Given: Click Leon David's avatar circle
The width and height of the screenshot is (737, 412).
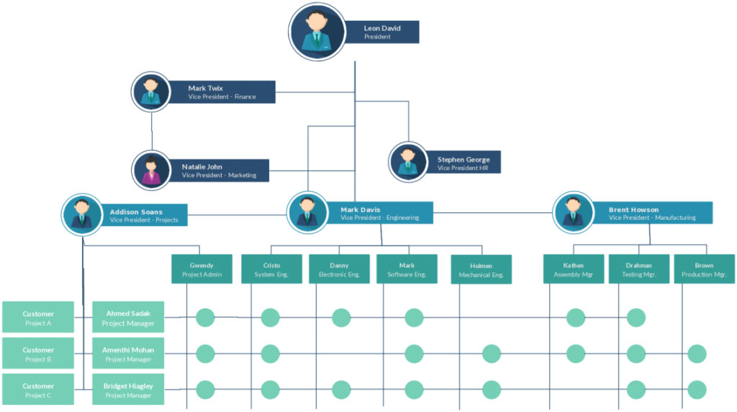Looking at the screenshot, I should pyautogui.click(x=317, y=32).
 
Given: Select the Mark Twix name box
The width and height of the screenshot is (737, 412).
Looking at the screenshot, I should pyautogui.click(x=222, y=92).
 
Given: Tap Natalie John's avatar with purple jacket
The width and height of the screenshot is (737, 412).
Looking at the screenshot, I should pyautogui.click(x=151, y=171).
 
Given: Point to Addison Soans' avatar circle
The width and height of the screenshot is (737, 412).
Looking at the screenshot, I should pyautogui.click(x=82, y=215).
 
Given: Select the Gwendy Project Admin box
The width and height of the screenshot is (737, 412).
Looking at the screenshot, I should pyautogui.click(x=202, y=269).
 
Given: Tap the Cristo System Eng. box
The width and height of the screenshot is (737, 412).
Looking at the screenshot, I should pyautogui.click(x=271, y=269).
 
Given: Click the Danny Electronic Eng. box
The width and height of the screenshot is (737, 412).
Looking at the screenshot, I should pyautogui.click(x=339, y=269).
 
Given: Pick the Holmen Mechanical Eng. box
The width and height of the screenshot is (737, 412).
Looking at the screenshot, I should pyautogui.click(x=481, y=269).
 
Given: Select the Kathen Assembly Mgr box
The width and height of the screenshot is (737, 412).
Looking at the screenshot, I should pyautogui.click(x=574, y=269).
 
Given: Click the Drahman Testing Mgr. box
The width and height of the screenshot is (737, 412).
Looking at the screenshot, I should pyautogui.click(x=638, y=269).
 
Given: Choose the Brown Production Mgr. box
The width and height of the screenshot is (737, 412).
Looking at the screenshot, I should pyautogui.click(x=704, y=269).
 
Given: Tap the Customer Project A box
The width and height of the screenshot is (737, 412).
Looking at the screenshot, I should pyautogui.click(x=38, y=317).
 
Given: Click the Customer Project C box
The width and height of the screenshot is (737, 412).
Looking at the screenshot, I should pyautogui.click(x=38, y=389).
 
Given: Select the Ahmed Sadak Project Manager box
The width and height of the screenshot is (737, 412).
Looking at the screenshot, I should pyautogui.click(x=128, y=317).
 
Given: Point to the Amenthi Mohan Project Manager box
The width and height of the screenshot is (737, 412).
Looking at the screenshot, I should pyautogui.click(x=128, y=353).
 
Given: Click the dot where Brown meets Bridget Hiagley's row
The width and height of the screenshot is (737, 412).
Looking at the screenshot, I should pyautogui.click(x=697, y=390).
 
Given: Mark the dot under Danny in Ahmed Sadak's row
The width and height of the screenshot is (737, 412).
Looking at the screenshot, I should pyautogui.click(x=341, y=318).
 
